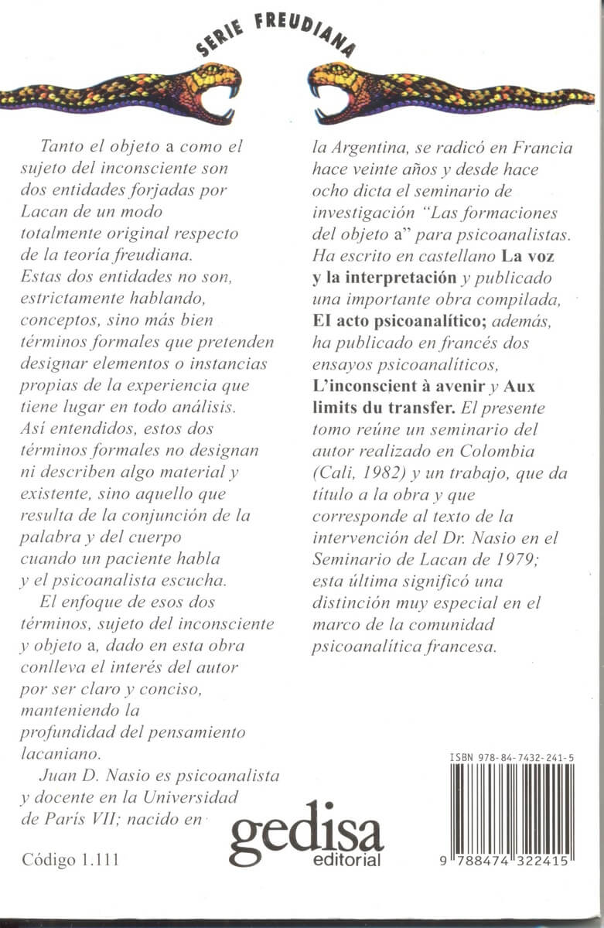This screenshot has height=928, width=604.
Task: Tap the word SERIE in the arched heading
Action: (220, 36)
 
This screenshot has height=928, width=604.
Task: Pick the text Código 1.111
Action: (70, 860)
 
